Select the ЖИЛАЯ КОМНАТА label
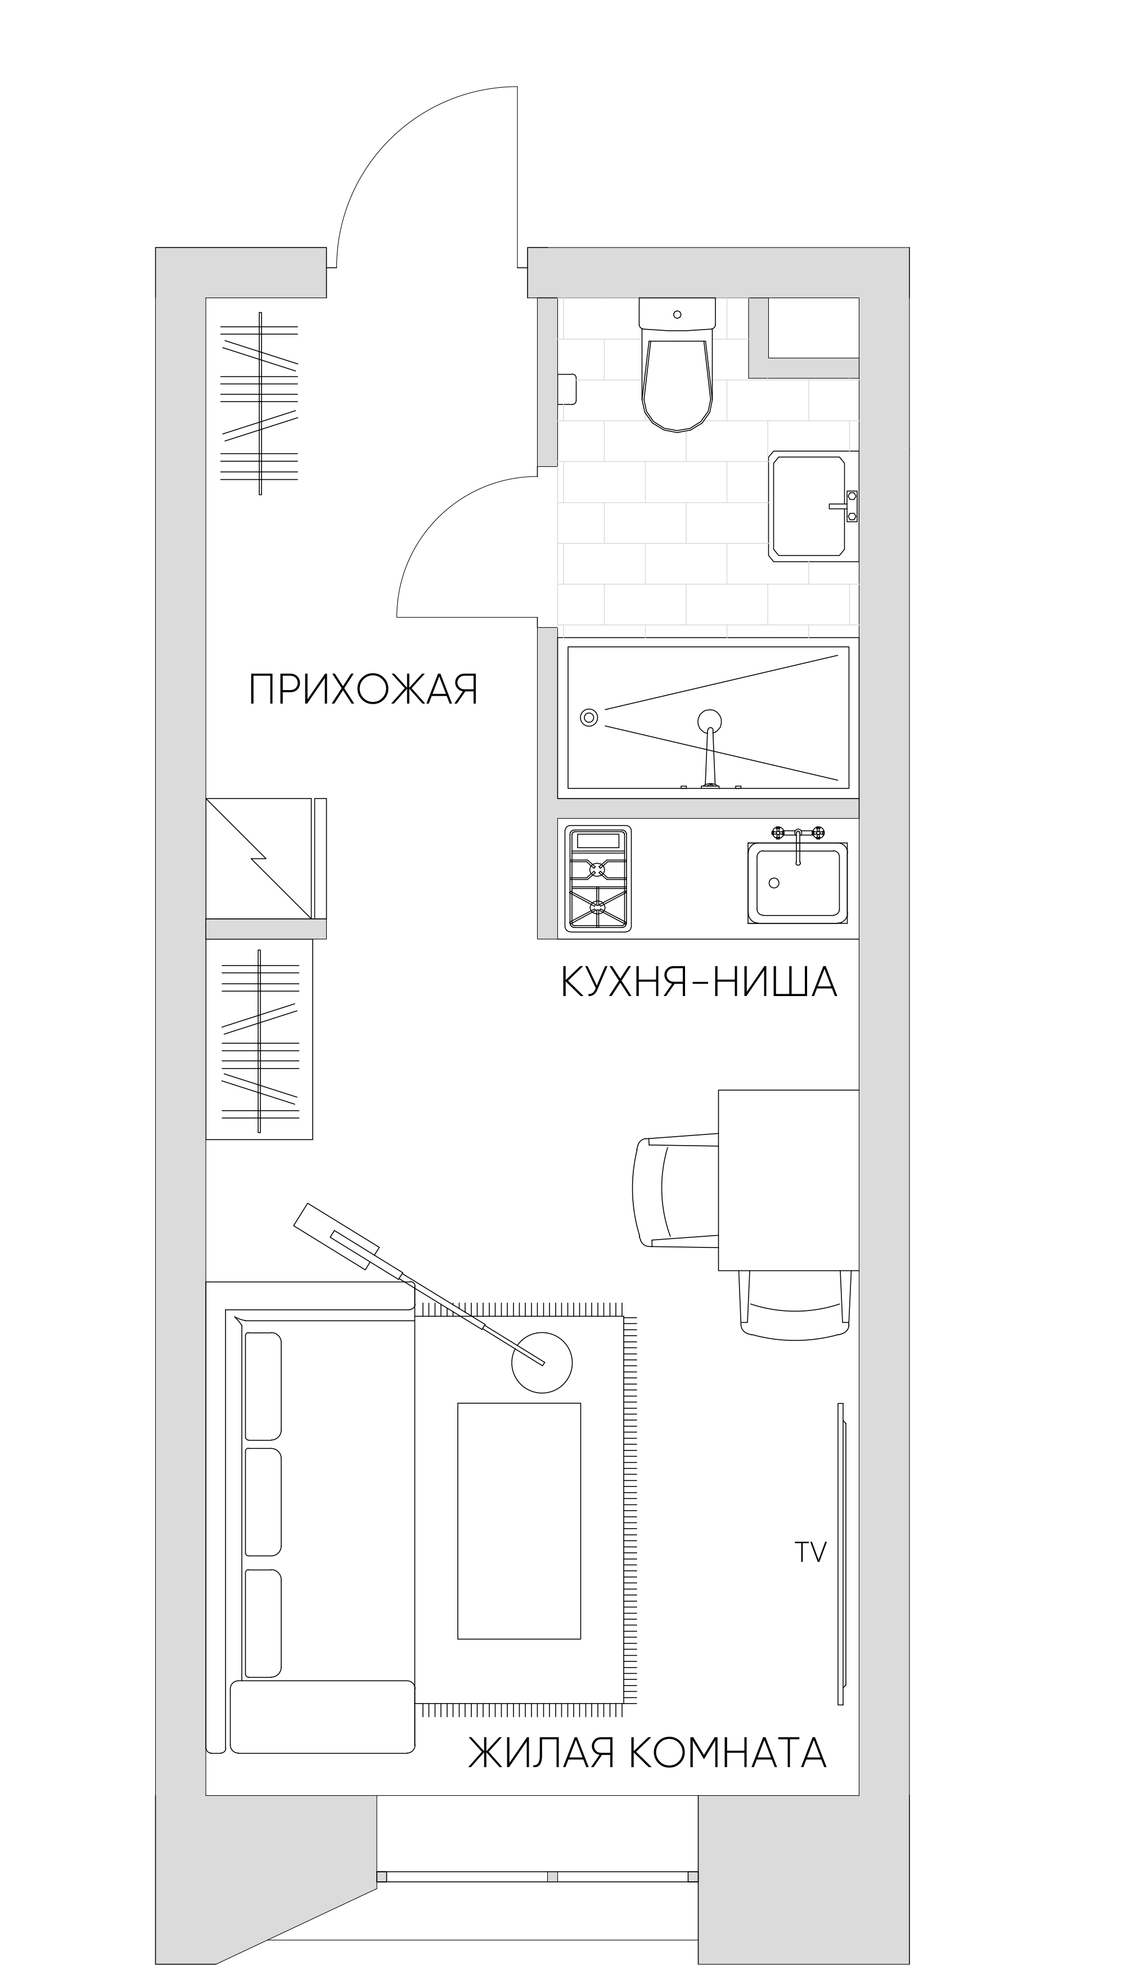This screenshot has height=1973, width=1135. [647, 1731]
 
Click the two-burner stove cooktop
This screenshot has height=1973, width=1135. [598, 879]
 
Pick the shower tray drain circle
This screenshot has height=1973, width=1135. [589, 717]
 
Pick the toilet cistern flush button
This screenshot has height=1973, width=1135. [677, 314]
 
